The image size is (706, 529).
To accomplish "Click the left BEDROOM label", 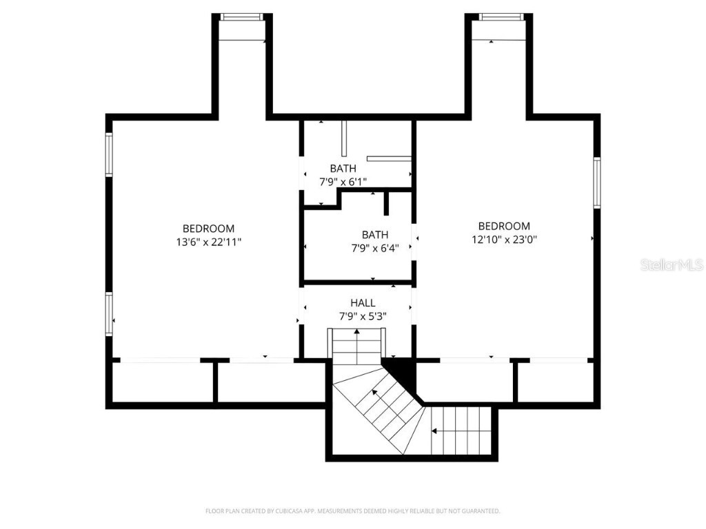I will pos(208,229).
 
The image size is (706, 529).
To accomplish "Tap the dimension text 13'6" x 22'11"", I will pos(208,242).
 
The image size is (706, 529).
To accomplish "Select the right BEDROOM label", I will pos(504,227).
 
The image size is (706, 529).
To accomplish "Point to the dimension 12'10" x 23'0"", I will pos(504,240).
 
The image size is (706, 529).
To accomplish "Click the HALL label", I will pos(363,303).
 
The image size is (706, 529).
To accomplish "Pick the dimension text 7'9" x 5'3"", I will pos(363,316).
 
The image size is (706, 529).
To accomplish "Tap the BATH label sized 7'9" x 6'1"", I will pos(343,169).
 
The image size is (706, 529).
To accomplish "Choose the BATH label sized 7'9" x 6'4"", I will pos(375,235).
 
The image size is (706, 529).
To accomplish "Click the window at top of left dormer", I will pos(241,17).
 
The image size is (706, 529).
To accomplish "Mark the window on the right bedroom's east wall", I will pos(596,183).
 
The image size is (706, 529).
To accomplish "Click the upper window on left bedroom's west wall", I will pos(108,154).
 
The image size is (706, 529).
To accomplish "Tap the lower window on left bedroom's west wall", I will pos(108,313).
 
